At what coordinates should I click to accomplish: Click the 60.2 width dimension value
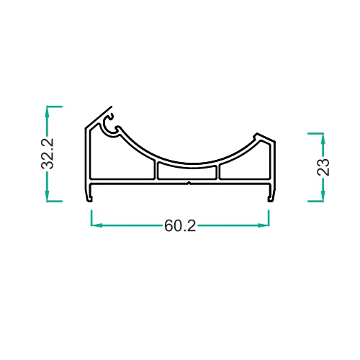click(180, 226)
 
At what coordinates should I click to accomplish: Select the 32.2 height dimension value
click(48, 153)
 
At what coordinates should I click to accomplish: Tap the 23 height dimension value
click(323, 167)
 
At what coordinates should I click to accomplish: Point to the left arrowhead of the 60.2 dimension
click(96, 225)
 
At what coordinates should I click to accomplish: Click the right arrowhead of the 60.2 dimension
click(264, 225)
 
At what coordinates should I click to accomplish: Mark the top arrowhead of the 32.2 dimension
click(48, 112)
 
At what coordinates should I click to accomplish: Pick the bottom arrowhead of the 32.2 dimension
click(48, 196)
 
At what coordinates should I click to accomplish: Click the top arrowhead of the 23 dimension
click(323, 138)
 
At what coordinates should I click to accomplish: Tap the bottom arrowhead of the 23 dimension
click(323, 196)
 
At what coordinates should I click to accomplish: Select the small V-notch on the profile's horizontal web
click(189, 184)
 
